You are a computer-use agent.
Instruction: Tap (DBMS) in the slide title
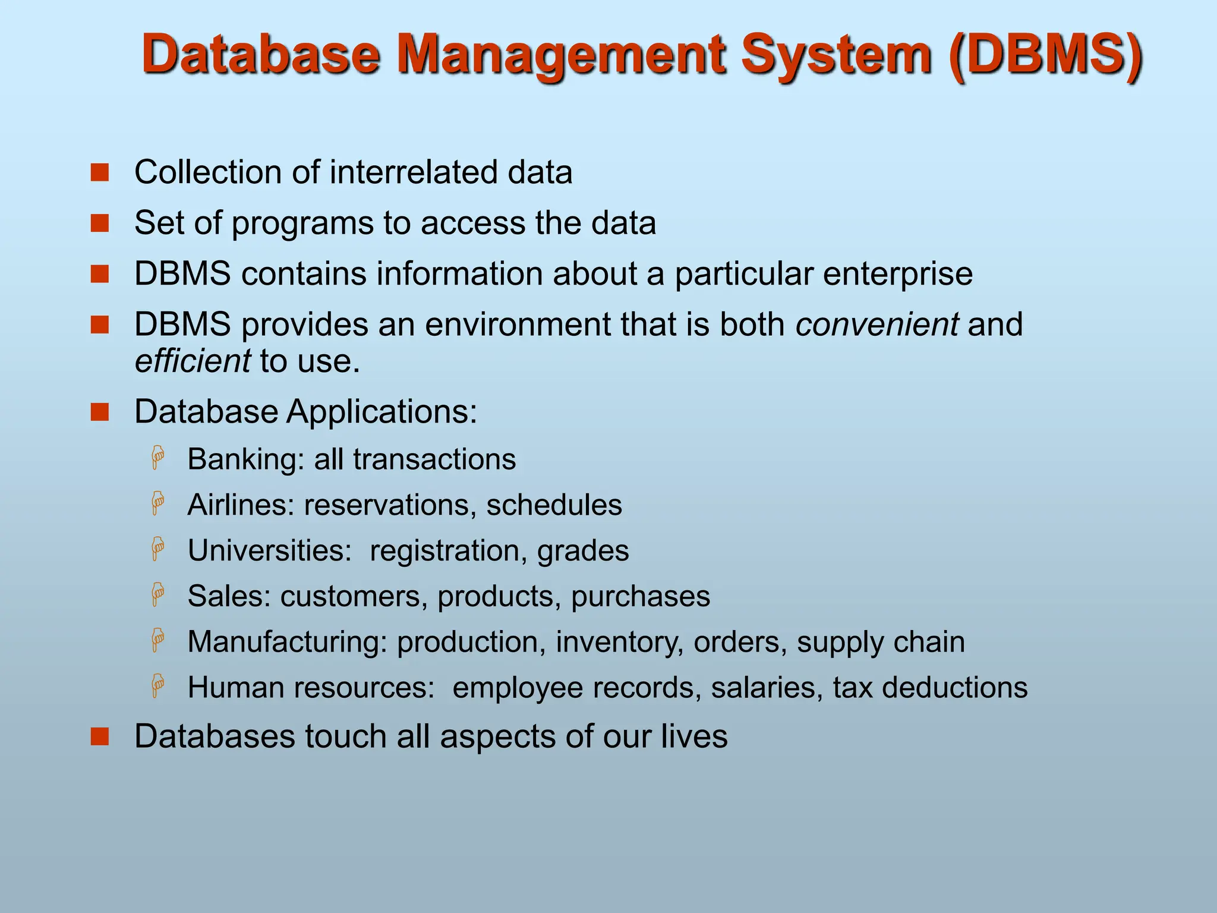pyautogui.click(x=1045, y=56)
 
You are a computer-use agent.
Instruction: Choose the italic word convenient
pyautogui.click(x=877, y=325)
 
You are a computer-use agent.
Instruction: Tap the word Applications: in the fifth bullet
pyautogui.click(x=382, y=411)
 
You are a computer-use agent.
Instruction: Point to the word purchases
pyautogui.click(x=640, y=596)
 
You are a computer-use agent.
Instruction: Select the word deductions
pyautogui.click(x=954, y=688)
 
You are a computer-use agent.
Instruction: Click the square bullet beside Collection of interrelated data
pyautogui.click(x=100, y=173)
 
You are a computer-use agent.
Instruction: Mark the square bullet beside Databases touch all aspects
pyautogui.click(x=100, y=736)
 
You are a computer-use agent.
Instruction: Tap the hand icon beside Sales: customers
pyautogui.click(x=157, y=594)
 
